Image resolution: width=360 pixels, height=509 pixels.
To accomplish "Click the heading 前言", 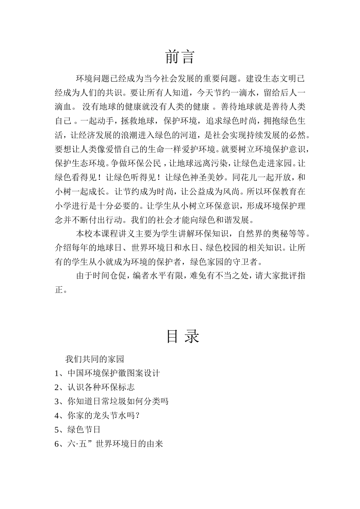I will (x=180, y=57).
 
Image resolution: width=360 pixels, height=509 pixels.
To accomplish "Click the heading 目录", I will (x=183, y=336).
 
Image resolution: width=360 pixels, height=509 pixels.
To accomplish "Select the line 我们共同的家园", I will (x=94, y=359).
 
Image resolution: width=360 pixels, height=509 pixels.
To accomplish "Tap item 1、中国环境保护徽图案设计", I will (x=107, y=373).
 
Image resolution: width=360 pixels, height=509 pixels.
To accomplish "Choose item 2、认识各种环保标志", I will (x=94, y=387).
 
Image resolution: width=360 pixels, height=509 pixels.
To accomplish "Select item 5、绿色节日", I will (x=78, y=429).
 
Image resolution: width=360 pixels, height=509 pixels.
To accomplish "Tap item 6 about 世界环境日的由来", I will (x=109, y=443).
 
